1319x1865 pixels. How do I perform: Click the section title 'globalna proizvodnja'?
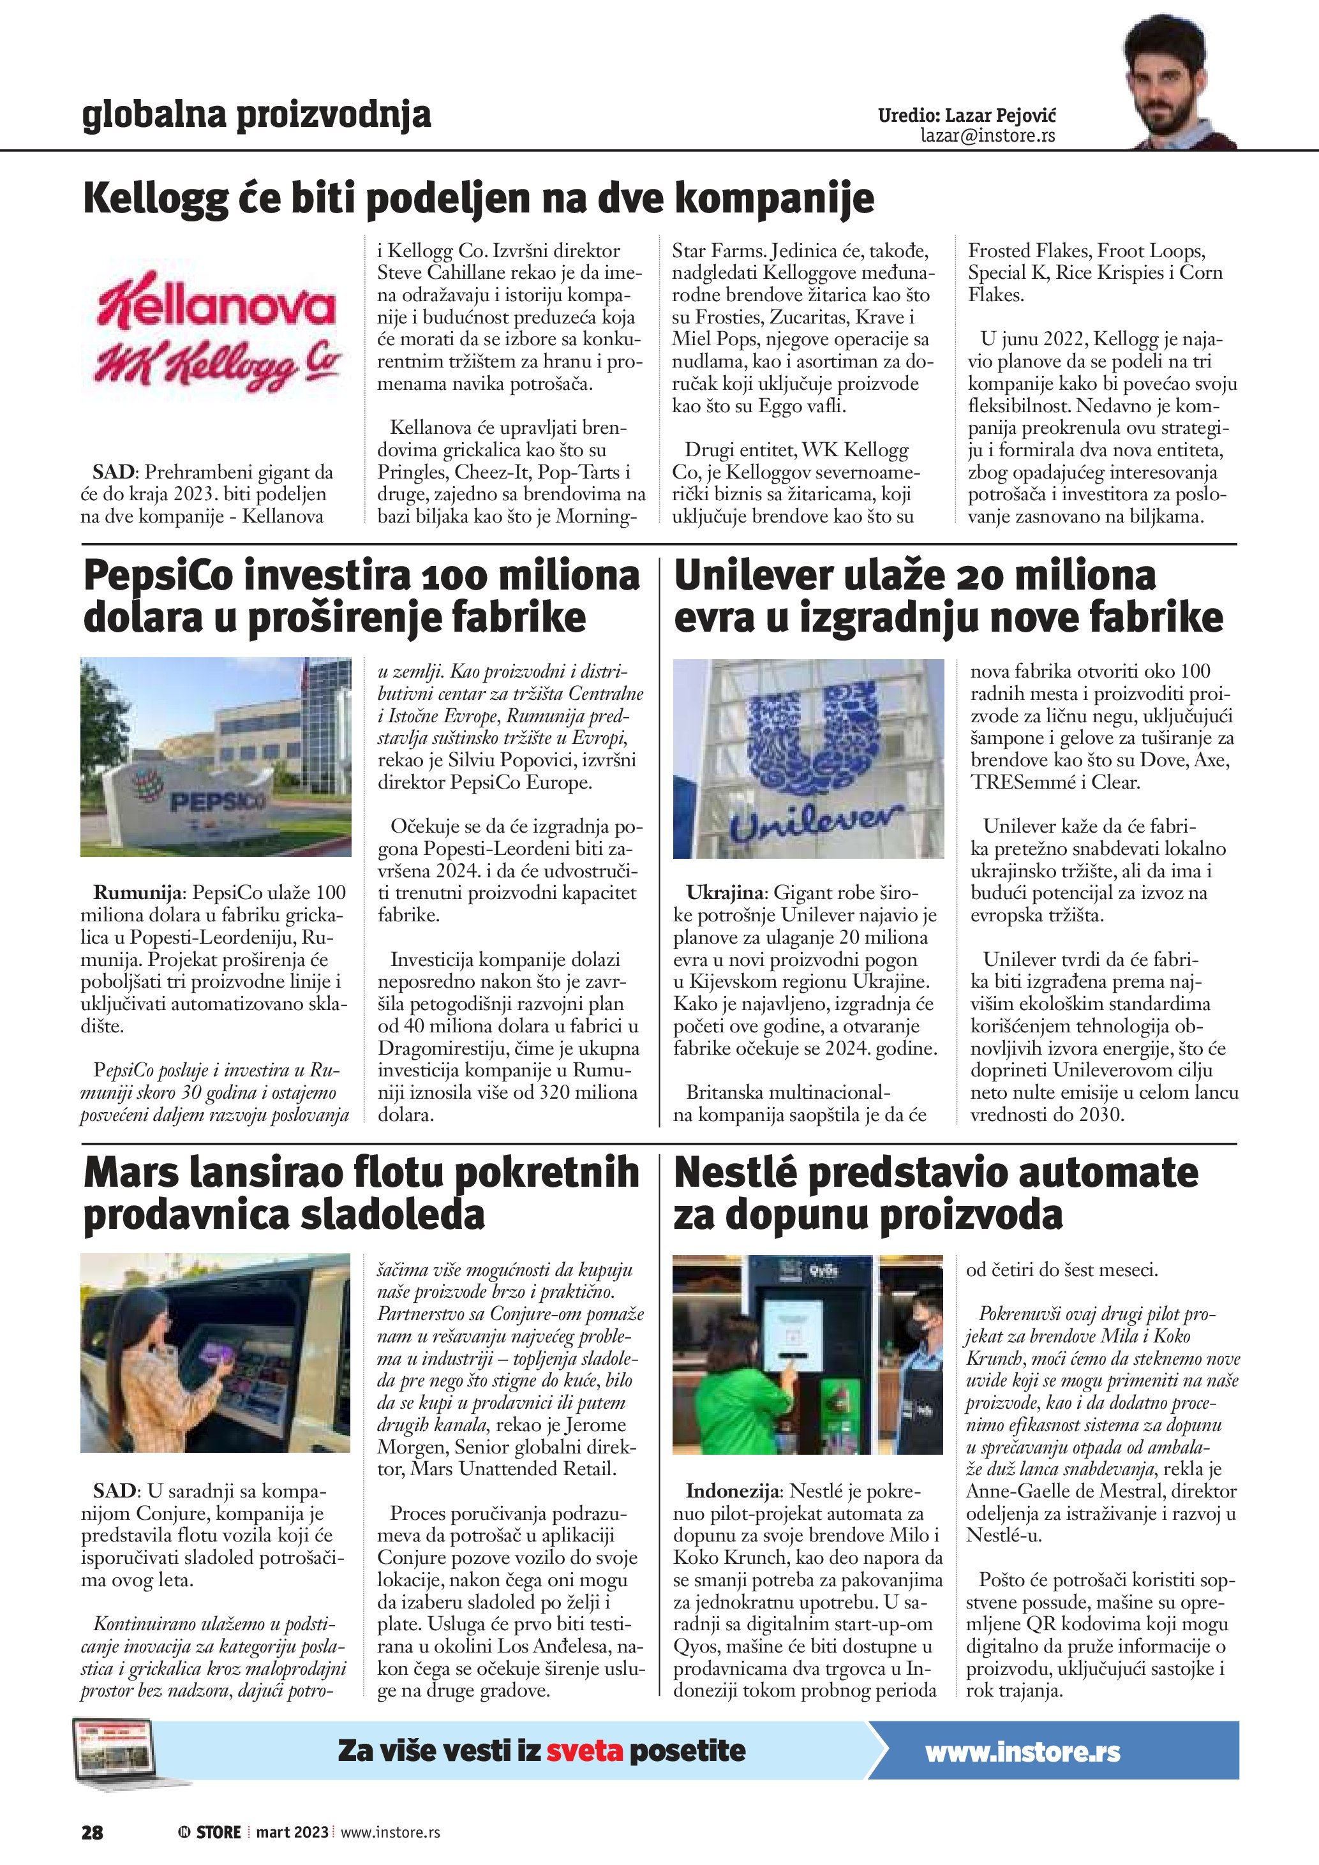256,115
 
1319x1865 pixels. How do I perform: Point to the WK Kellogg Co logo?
217,363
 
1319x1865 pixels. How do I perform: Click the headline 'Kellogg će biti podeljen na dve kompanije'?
479,199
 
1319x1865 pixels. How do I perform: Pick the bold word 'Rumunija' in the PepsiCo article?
137,893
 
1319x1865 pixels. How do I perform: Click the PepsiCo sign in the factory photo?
215,802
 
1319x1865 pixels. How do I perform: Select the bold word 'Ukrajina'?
726,893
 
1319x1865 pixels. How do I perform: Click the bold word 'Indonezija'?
733,1491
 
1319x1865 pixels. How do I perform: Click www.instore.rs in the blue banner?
1022,1752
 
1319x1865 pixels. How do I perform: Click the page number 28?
92,1832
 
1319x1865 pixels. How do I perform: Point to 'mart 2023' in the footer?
292,1832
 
